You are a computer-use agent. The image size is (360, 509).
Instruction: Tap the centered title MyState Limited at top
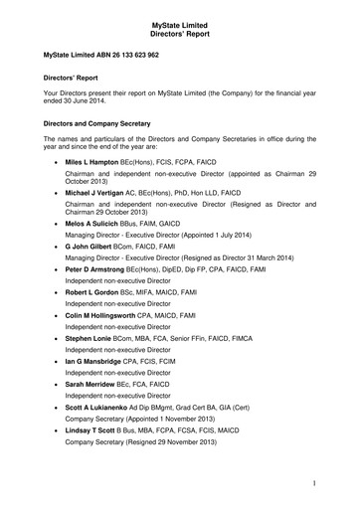pyautogui.click(x=180, y=8)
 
